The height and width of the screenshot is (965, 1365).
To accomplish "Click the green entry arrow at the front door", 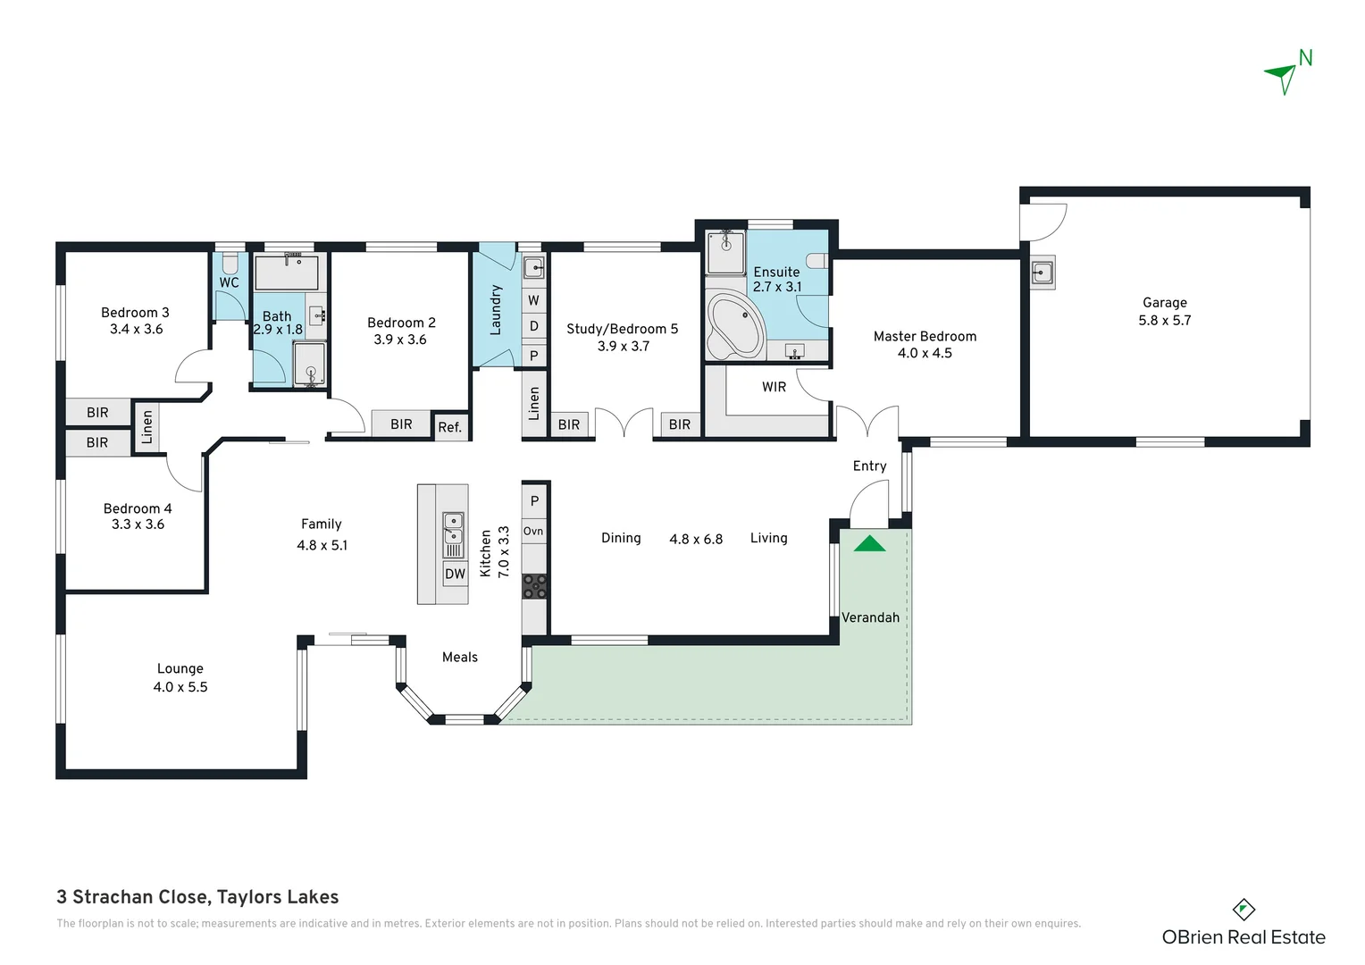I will (869, 543).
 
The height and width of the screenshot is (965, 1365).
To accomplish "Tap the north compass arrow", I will (1283, 77).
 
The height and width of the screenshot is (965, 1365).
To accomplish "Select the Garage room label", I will (1164, 303).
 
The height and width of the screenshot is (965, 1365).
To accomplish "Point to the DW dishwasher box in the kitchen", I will (455, 574).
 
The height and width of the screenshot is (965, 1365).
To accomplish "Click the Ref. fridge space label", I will (450, 427).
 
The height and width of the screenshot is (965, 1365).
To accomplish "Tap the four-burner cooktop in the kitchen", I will (534, 586).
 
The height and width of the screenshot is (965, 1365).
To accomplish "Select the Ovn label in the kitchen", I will (533, 531).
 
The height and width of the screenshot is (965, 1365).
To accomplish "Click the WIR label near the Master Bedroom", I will (774, 387).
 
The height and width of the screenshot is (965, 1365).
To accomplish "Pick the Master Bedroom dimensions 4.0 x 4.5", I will (925, 353).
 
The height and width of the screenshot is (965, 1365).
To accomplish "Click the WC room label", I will (229, 282).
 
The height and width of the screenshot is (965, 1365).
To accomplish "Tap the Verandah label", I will (870, 617).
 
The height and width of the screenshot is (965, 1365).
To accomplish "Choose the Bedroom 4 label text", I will (138, 508).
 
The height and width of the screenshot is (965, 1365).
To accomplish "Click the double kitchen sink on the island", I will (454, 528).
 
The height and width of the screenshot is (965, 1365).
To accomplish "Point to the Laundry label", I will (496, 310).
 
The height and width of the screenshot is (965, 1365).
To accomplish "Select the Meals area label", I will (460, 657).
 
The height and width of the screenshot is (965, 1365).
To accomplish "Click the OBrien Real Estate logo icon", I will (1244, 910).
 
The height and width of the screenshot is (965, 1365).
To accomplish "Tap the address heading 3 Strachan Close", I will (197, 897).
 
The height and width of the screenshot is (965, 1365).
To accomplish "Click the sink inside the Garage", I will (1042, 272).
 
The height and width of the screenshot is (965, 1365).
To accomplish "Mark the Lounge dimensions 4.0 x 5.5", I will (180, 687).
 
